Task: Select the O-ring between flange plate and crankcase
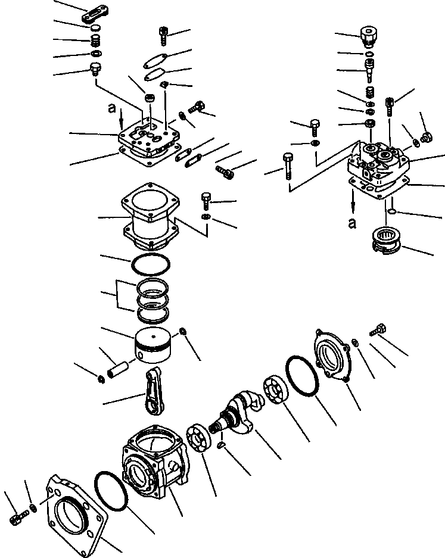click(x=111, y=491)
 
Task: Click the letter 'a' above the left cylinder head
click(x=111, y=108)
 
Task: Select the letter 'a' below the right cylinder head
click(x=352, y=223)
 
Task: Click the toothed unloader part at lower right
click(x=386, y=242)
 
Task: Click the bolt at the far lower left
click(x=16, y=518)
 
